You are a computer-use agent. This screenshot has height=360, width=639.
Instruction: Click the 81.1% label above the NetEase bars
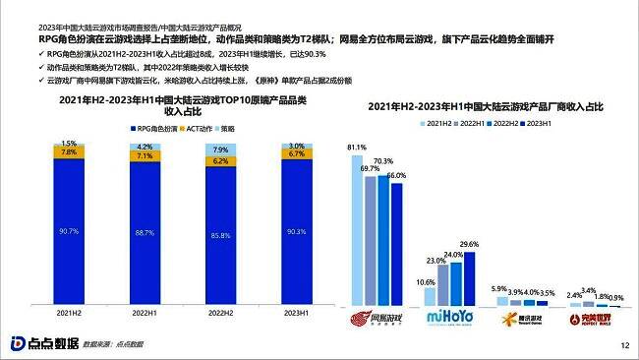click(x=357, y=147)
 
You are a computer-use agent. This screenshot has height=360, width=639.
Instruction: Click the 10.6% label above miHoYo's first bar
click(x=426, y=283)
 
